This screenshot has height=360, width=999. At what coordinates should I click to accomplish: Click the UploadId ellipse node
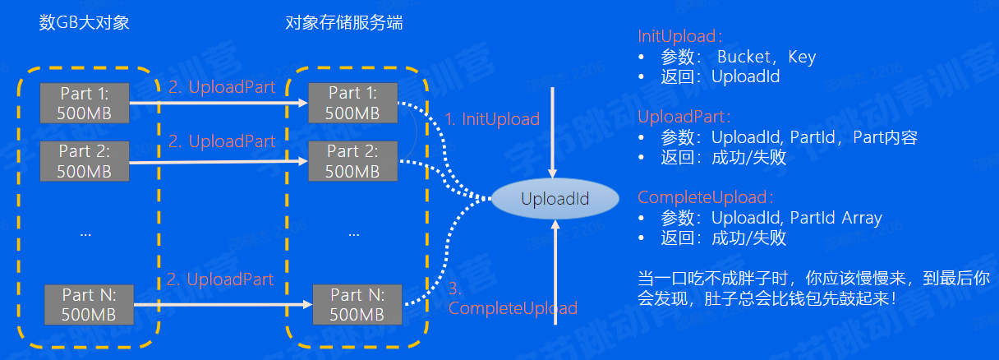(x=555, y=199)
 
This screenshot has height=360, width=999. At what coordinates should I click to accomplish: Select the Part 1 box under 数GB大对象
(x=85, y=102)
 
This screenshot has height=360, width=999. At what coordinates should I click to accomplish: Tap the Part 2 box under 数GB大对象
(x=85, y=160)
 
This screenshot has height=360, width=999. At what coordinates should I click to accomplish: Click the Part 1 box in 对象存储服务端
(x=352, y=102)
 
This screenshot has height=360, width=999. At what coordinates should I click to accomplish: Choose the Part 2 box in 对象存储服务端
(x=352, y=160)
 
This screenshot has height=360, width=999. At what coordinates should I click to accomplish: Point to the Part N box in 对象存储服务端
(x=357, y=303)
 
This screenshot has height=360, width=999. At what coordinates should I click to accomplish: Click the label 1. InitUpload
(x=491, y=119)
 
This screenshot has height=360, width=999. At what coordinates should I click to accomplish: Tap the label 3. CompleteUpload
(x=512, y=300)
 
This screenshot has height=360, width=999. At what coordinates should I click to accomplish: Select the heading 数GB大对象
(x=85, y=23)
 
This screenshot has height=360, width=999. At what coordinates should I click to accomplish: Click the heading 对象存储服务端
(x=343, y=23)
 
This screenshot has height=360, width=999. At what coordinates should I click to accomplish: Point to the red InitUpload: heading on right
(x=680, y=37)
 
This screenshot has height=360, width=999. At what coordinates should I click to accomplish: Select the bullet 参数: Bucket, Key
(x=738, y=58)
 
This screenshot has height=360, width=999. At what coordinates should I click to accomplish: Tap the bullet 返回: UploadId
(x=720, y=77)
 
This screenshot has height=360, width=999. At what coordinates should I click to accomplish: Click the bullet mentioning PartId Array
(x=771, y=219)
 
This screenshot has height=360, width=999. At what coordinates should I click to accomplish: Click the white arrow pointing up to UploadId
(x=556, y=271)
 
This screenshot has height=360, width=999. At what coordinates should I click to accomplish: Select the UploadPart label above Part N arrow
(x=219, y=279)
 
